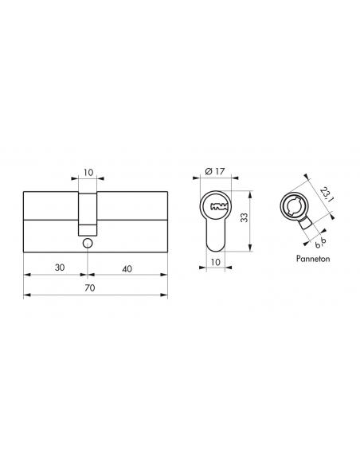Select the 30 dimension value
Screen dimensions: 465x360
pyautogui.click(x=60, y=268)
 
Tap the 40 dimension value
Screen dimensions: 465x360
pyautogui.click(x=127, y=268)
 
